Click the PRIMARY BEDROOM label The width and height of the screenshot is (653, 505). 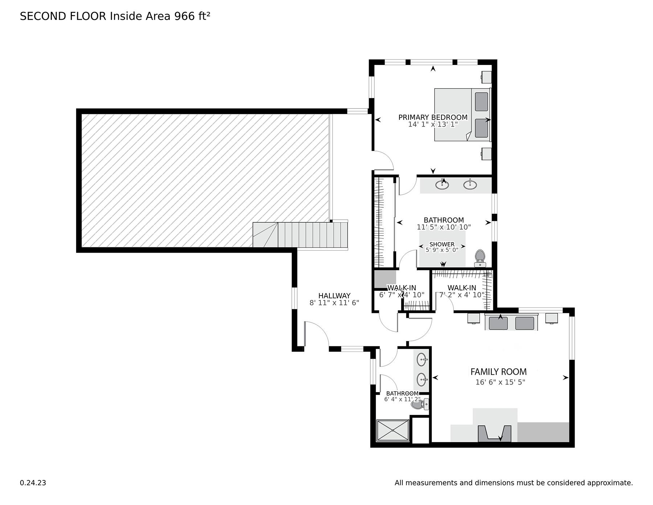point(433,117)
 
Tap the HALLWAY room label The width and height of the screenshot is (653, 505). point(334,296)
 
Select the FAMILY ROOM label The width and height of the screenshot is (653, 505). point(498,372)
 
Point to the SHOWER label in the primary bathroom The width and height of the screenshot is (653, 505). point(442,244)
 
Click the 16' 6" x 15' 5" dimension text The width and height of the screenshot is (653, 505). point(500,382)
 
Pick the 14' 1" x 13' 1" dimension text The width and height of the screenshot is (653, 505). point(433,124)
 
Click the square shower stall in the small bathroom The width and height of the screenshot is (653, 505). point(393,431)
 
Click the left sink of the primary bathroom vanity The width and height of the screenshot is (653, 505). point(442,184)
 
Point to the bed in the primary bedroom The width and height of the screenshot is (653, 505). point(463,114)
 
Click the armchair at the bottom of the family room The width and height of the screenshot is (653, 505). point(494,433)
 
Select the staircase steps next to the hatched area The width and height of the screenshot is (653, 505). point(300,235)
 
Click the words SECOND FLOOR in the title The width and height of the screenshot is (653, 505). point(63,16)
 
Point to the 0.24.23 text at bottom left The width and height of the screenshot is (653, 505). point(33,483)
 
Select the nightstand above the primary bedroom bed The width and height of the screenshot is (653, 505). point(486,77)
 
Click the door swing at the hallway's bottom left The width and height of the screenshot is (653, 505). point(317,334)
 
